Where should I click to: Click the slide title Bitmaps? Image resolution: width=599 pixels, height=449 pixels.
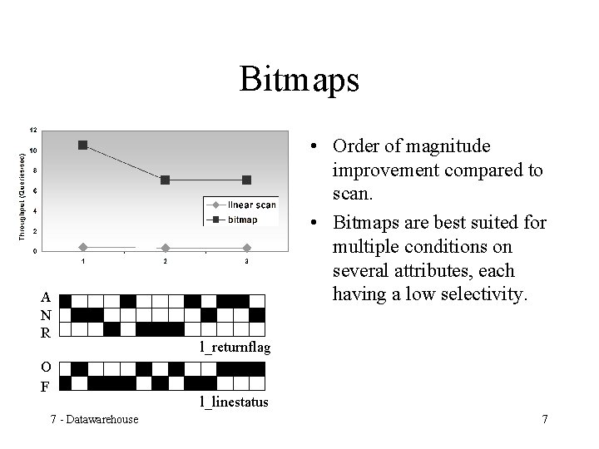tap(299, 80)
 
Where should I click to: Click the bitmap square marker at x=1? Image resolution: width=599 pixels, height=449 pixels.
tap(82, 145)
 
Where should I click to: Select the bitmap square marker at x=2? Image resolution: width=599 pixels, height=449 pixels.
tap(165, 180)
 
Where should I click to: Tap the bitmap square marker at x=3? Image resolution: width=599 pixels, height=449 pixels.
tap(247, 180)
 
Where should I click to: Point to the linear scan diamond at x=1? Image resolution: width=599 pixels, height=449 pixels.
tap(82, 247)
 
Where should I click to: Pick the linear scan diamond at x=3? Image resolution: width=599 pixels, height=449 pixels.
tap(247, 247)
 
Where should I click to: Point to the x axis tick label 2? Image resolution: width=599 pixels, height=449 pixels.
tap(165, 263)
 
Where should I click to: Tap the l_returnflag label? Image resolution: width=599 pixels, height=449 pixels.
tap(235, 347)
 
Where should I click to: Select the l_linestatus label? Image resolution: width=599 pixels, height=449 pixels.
tap(233, 402)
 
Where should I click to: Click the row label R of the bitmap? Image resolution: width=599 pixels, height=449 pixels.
tap(46, 331)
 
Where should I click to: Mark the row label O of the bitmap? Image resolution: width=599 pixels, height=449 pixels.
tap(46, 368)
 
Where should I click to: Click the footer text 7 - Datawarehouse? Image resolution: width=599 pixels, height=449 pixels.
tap(93, 418)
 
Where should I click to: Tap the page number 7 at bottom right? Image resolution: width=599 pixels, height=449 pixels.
tap(544, 418)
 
